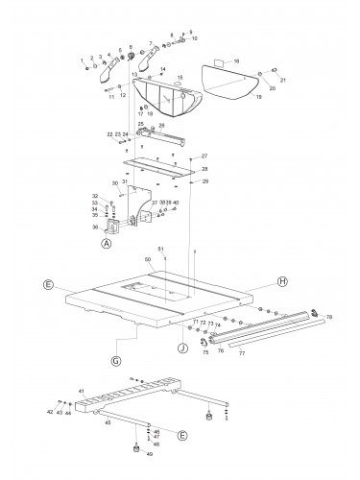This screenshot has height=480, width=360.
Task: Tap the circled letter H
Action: pyautogui.click(x=282, y=282)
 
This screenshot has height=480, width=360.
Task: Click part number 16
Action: pyautogui.click(x=237, y=60)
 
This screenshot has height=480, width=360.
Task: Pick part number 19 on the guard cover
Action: pyautogui.click(x=257, y=97)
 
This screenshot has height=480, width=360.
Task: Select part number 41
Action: pyautogui.click(x=82, y=392)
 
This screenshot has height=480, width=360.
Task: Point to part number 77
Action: pyautogui.click(x=267, y=354)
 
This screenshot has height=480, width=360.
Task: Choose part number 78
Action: pyautogui.click(x=329, y=317)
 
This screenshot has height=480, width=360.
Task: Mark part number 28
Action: pyautogui.click(x=204, y=168)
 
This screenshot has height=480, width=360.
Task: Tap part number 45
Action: pyautogui.click(x=108, y=422)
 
